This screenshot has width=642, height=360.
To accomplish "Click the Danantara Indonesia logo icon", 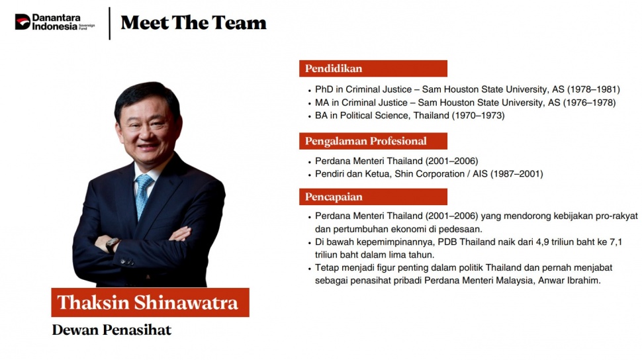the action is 23,22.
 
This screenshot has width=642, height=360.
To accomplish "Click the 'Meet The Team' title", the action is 193,22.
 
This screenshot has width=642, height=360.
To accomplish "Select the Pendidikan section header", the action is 373,68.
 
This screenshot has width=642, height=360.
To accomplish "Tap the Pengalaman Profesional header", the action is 373,141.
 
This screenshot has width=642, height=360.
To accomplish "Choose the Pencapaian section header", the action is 373,197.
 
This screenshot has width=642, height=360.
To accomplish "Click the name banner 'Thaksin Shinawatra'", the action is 150,302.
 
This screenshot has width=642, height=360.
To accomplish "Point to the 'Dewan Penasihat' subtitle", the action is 111,330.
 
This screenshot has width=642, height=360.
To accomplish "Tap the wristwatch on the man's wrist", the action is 113,244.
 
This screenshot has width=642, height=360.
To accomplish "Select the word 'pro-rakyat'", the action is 617,216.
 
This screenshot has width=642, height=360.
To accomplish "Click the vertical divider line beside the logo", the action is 110,23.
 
